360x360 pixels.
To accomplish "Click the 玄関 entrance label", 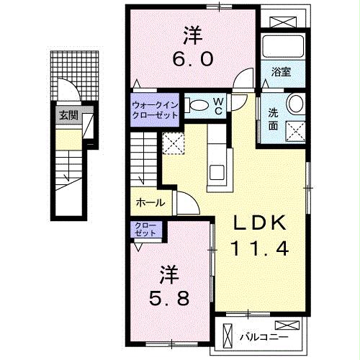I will tap(68, 114).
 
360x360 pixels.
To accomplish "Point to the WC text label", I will tap(217, 105).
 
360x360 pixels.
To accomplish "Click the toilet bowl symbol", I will tap(197, 106).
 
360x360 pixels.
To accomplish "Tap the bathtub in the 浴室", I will tap(283, 47).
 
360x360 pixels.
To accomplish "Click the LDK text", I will tap(260, 222).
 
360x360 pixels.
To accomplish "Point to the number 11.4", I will tap(259, 249).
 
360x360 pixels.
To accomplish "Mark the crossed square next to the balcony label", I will tap(229, 336).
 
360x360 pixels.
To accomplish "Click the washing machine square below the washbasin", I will tap(296, 130).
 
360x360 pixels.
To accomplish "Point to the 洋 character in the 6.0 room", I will tap(192, 35).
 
